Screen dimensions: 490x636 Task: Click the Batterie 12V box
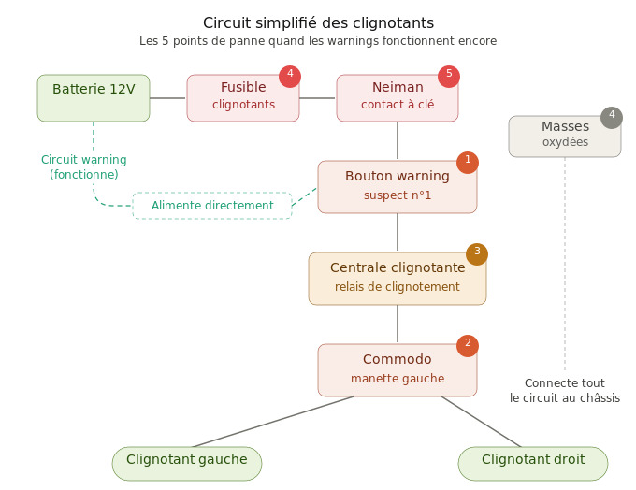pyautogui.click(x=94, y=98)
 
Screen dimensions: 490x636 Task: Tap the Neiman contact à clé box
pyautogui.click(x=397, y=98)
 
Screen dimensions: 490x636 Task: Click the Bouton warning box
pyautogui.click(x=397, y=186)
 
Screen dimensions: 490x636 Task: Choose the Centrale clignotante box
pyautogui.click(x=397, y=278)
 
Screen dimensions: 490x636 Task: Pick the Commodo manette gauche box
pyautogui.click(x=397, y=369)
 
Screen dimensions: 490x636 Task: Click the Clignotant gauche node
pyautogui.click(x=187, y=463)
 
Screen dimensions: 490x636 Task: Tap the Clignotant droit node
pyautogui.click(x=533, y=463)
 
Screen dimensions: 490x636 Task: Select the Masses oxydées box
pyautogui.click(x=564, y=137)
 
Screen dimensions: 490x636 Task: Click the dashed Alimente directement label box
pyautogui.click(x=212, y=206)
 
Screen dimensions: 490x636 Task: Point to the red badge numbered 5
pyautogui.click(x=449, y=76)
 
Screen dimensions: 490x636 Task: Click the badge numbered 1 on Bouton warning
pyautogui.click(x=468, y=162)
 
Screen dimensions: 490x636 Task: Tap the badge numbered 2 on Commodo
pyautogui.click(x=468, y=345)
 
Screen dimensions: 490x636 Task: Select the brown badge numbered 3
pyautogui.click(x=477, y=253)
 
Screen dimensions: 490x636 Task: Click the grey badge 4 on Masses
pyautogui.click(x=612, y=117)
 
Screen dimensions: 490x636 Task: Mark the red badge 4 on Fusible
pyautogui.click(x=290, y=76)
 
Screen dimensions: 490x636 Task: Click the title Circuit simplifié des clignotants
pyautogui.click(x=318, y=22)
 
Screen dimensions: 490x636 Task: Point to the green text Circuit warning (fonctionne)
pyautogui.click(x=84, y=166)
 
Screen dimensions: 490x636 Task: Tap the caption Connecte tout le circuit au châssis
pyautogui.click(x=565, y=390)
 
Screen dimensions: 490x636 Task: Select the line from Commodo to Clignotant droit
pyautogui.click(x=482, y=422)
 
